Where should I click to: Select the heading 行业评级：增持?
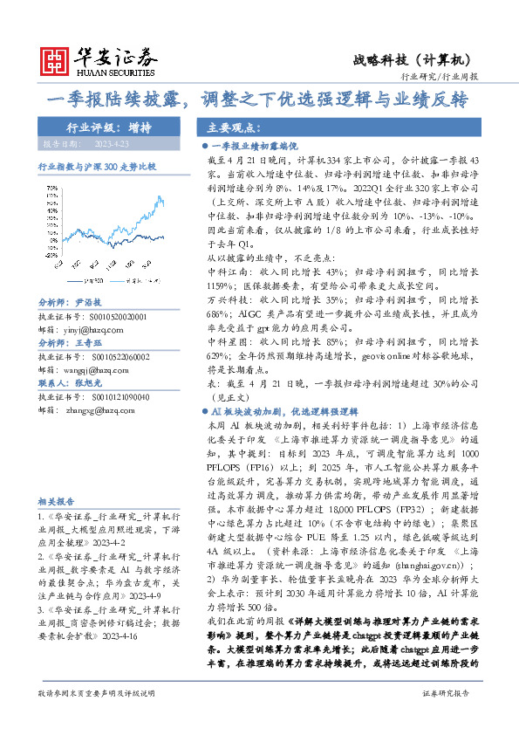108,127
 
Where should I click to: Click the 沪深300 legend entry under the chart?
97,280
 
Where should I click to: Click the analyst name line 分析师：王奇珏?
82,344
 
